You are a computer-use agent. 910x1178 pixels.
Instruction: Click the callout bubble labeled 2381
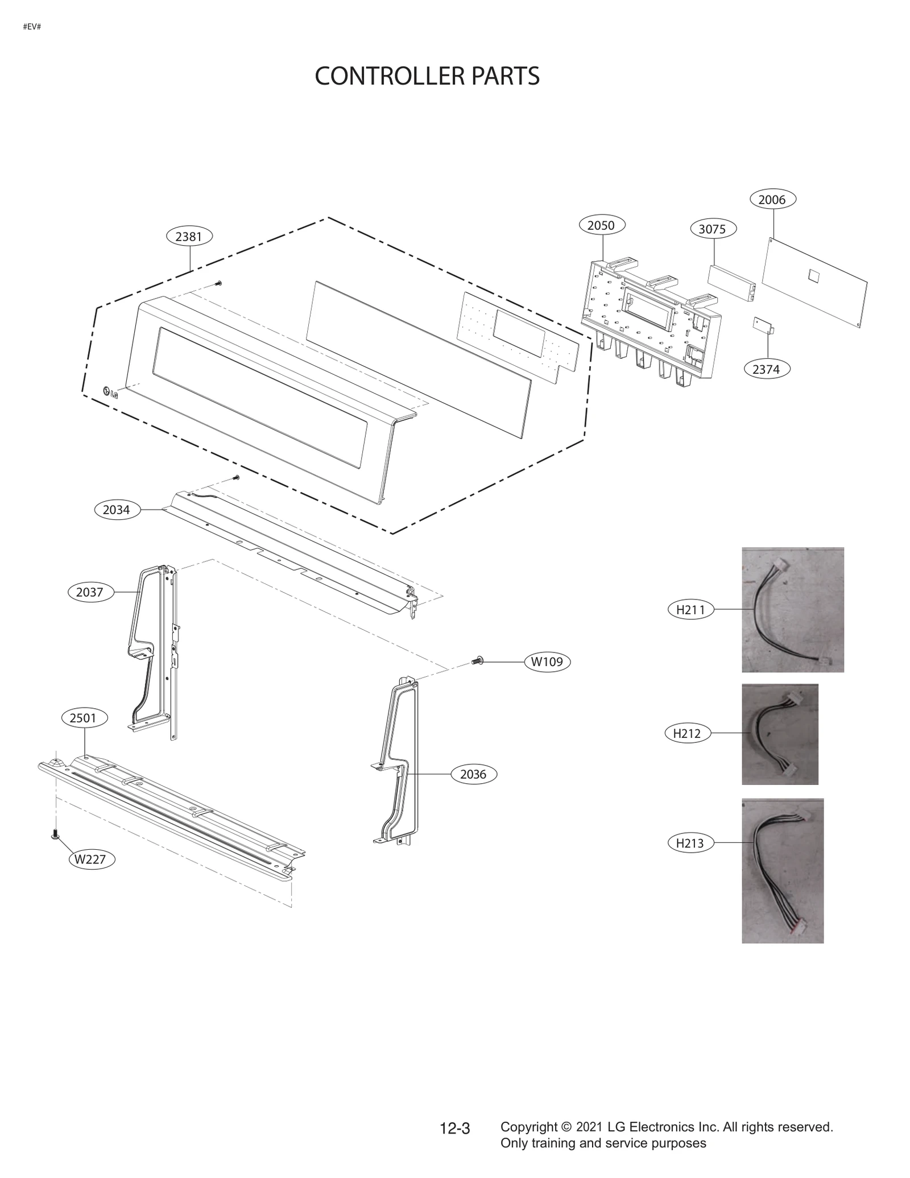(189, 237)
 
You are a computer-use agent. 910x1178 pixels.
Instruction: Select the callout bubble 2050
(601, 225)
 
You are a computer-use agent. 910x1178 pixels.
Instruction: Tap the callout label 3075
(712, 229)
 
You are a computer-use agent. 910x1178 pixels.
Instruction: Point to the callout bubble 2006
(772, 200)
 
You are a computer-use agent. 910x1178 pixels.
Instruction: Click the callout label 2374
(766, 369)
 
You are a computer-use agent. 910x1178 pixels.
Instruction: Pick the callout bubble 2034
(117, 510)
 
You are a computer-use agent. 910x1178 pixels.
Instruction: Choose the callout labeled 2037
(90, 592)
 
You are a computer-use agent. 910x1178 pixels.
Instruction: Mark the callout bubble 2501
(83, 718)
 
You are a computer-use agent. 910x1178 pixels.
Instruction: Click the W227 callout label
(91, 859)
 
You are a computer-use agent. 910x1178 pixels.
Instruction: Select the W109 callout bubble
(547, 662)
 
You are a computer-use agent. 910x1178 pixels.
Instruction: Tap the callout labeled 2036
(473, 774)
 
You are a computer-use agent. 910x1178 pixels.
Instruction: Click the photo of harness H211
(792, 610)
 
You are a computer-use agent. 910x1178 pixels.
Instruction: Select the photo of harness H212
(779, 734)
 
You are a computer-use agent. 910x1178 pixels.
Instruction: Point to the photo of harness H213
(782, 870)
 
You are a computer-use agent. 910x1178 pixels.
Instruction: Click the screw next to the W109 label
(478, 661)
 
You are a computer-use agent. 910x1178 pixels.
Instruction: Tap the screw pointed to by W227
(55, 834)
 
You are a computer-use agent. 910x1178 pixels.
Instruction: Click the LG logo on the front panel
(110, 392)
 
